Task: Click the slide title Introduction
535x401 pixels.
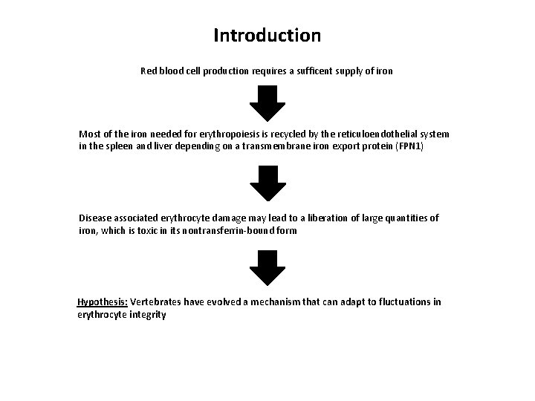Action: tap(267, 35)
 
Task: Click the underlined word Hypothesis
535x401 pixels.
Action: tap(103, 302)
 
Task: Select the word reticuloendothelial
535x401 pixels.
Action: tap(357, 134)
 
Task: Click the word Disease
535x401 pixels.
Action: tap(96, 218)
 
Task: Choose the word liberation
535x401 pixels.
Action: tap(317, 218)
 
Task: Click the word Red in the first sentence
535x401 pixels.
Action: tap(149, 71)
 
